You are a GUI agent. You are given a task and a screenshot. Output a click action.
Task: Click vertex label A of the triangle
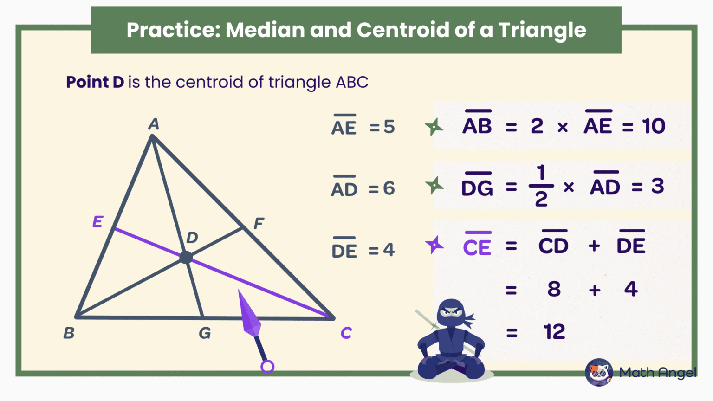pos(154,124)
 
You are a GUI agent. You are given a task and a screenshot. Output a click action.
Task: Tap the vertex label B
pos(69,333)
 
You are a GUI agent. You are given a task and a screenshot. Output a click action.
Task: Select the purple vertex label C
pos(346,333)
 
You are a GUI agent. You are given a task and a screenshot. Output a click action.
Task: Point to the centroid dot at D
pos(186,257)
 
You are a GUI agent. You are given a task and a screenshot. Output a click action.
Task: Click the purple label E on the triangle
pos(97,222)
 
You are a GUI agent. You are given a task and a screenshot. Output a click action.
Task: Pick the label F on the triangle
pos(259,224)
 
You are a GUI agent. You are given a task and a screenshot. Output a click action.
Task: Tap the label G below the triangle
pos(205,333)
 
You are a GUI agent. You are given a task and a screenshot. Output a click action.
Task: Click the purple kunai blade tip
pos(240,293)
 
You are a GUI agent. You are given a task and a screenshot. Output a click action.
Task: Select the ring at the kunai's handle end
pos(267,367)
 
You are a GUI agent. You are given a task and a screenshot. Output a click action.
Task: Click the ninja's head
pos(451,313)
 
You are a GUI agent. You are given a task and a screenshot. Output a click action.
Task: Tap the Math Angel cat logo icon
pos(599,372)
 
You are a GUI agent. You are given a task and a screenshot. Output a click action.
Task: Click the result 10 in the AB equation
pos(654,126)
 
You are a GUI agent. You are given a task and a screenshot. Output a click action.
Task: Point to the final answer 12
pos(554,332)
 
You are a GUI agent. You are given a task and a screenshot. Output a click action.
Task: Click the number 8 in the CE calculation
pos(554,289)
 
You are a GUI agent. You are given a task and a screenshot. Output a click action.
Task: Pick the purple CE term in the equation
pos(477,247)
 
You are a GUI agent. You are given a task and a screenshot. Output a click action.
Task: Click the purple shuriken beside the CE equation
pos(434,245)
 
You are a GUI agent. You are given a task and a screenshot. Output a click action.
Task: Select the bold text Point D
pos(95,82)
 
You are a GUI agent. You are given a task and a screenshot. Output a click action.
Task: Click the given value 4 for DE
pos(389,250)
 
